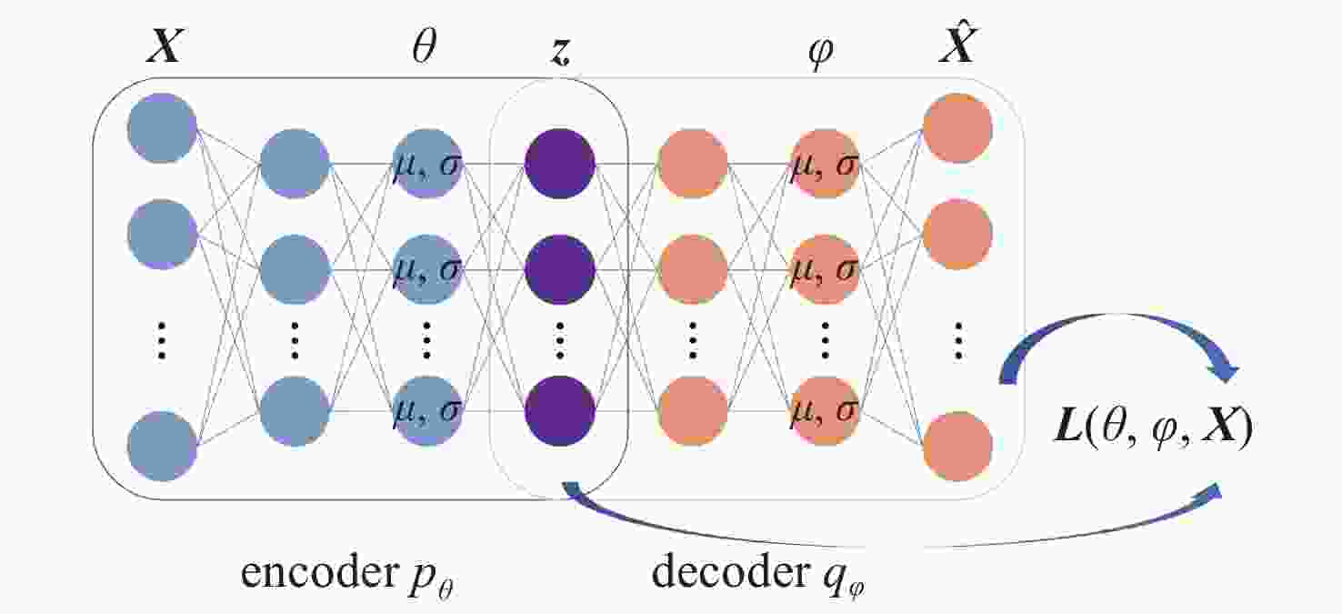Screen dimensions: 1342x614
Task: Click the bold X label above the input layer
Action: (164, 45)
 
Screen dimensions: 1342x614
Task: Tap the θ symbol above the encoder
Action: (425, 45)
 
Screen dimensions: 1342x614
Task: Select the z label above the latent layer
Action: (559, 51)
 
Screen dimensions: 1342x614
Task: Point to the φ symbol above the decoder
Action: (821, 54)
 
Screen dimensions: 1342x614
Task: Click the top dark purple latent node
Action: (559, 163)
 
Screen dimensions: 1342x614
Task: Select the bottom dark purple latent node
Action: (559, 411)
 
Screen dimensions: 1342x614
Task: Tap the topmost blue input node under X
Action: (163, 127)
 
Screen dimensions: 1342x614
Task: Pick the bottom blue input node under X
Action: (163, 446)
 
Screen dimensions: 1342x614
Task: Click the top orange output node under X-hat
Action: (957, 127)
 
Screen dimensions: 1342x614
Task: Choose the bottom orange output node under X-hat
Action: (957, 446)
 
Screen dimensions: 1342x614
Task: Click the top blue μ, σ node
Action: (426, 163)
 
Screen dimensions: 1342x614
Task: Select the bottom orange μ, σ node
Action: (825, 411)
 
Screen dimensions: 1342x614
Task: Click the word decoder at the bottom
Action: (730, 572)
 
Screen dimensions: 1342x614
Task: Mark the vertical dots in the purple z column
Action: (559, 340)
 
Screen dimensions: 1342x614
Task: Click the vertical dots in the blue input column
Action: (162, 340)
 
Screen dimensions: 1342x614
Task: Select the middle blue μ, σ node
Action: (426, 269)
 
